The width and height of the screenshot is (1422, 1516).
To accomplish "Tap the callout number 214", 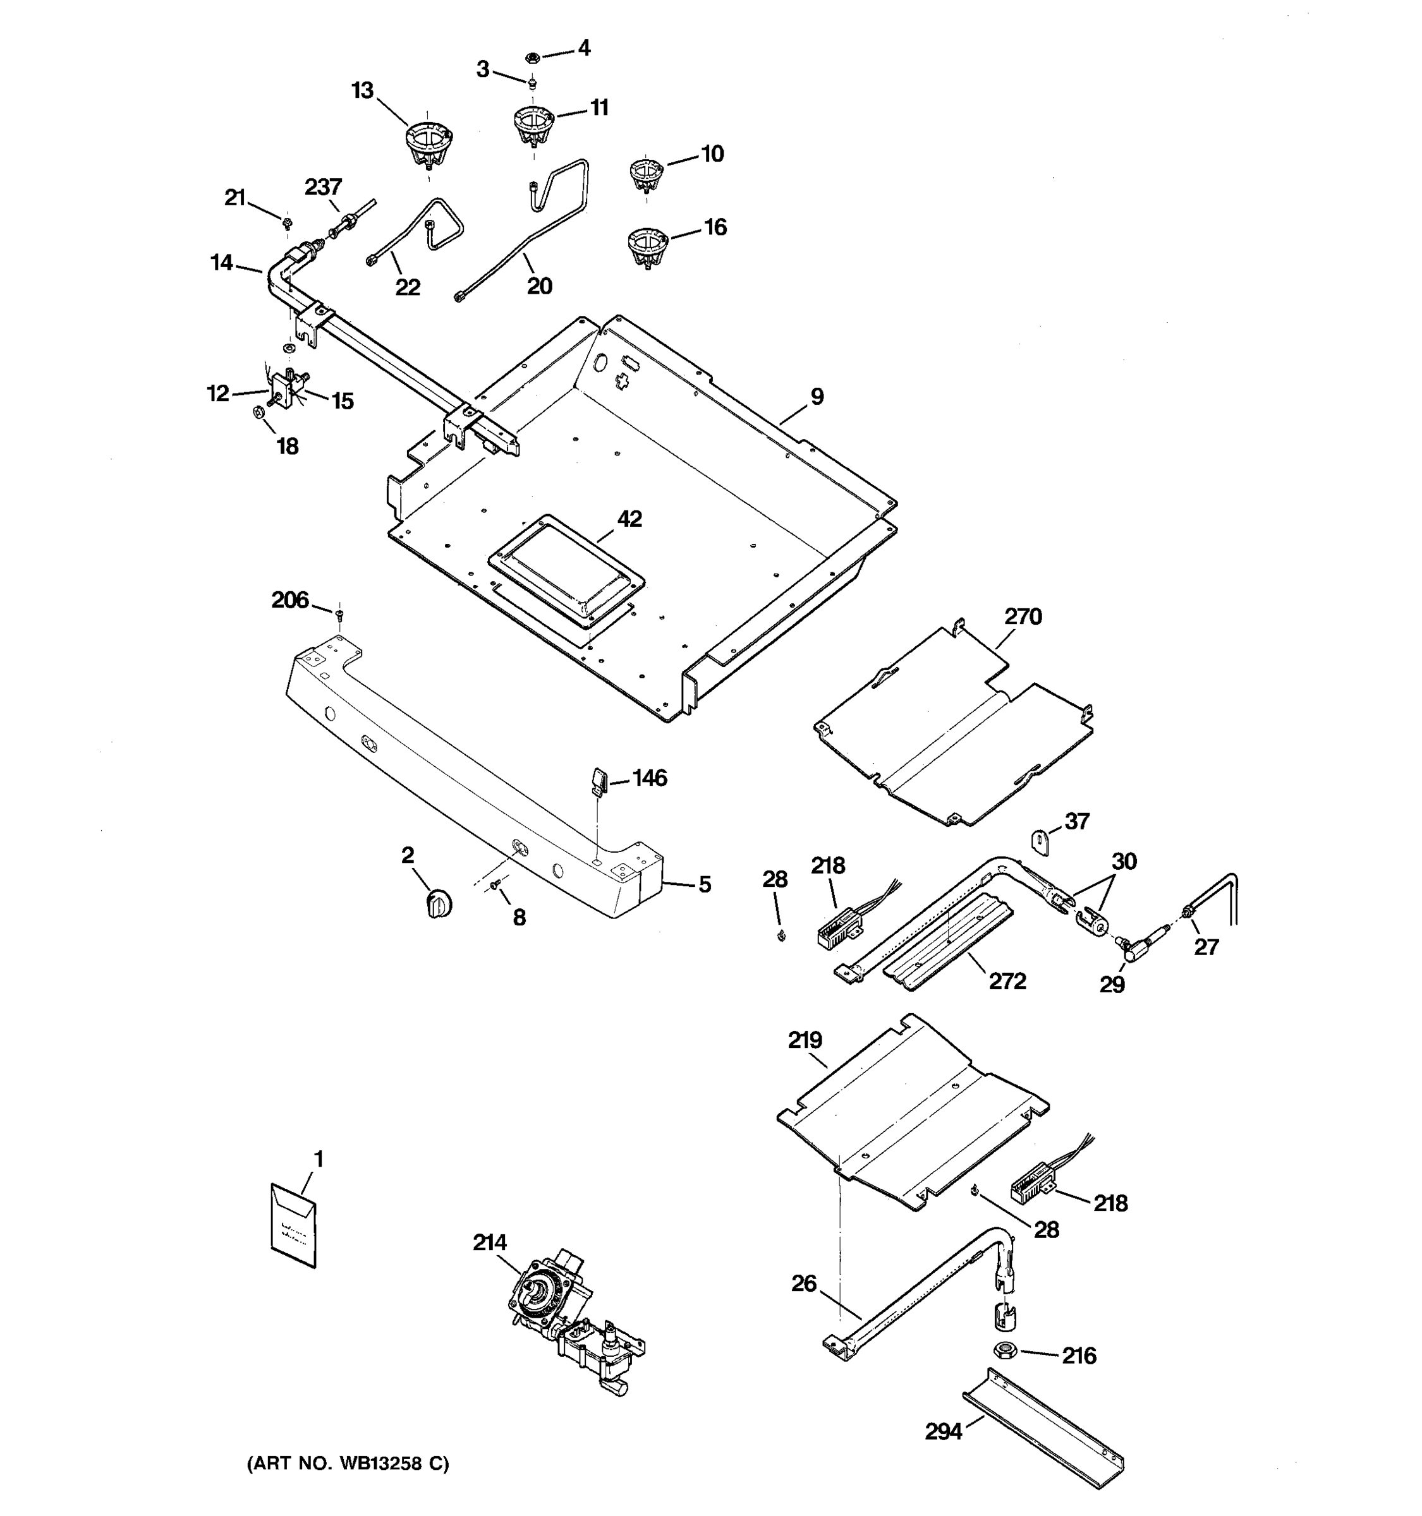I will [x=489, y=1243].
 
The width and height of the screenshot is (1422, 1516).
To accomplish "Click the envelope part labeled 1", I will [x=294, y=1225].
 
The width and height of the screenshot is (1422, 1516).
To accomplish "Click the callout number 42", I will [x=629, y=519].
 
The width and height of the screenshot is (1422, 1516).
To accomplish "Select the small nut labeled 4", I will [x=533, y=56].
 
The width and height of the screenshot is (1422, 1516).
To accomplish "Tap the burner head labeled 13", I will [x=427, y=145].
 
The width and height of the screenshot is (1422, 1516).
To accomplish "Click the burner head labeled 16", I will [x=648, y=247].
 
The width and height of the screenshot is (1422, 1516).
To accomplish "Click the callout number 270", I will [x=1022, y=616].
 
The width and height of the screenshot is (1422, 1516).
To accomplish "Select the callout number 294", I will [x=943, y=1432].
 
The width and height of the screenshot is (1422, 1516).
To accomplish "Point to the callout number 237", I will [x=324, y=187].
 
